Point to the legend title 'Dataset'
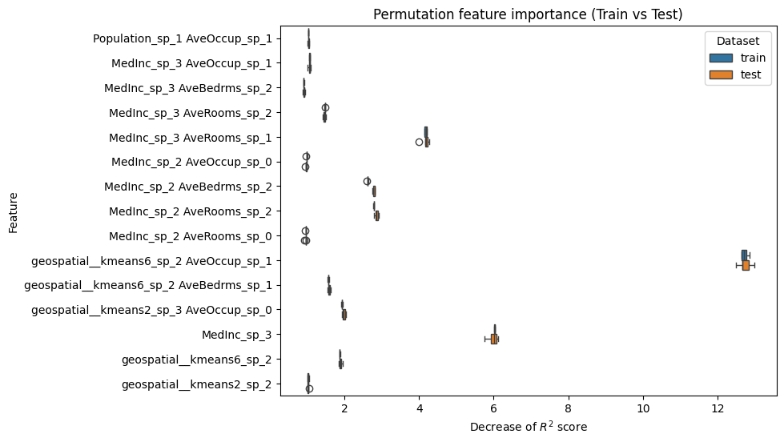tap(737, 40)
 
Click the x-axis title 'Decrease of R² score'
tap(529, 427)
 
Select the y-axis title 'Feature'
tap(14, 211)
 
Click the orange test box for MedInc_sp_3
tap(493, 339)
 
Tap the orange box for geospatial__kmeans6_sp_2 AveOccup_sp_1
tap(746, 265)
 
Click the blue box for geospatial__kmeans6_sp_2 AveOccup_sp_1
tap(744, 255)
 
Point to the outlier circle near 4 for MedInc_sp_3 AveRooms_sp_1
tap(419, 142)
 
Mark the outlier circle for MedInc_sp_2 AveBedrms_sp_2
tap(367, 181)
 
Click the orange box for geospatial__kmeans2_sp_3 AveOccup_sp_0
tap(344, 315)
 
